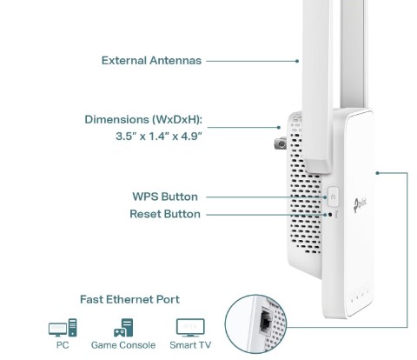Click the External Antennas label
pos(151,61)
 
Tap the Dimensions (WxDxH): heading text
pos(143,120)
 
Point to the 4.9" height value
pos(191,136)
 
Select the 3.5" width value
pos(126,136)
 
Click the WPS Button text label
pos(165,197)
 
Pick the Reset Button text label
pos(165,214)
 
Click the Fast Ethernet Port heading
pos(129,299)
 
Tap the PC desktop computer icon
pos(63,328)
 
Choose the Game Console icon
pos(123,328)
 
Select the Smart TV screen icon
pos(190,328)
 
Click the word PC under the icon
pos(63,345)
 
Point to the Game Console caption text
pos(123,345)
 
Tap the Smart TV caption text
pos(190,345)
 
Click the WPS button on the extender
pos(333,197)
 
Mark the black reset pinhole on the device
pos(330,215)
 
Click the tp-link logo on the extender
pos(360,205)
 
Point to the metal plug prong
pos(281,143)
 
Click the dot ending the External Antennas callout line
pos(297,61)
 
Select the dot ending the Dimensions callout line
pos(279,127)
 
